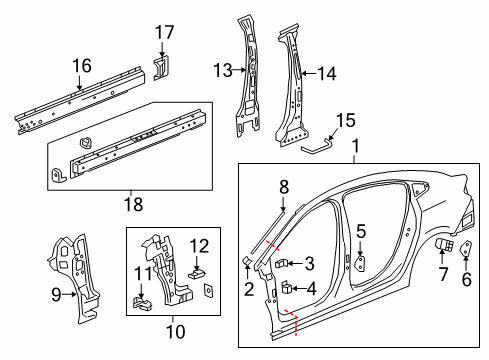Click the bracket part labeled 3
click(283, 263)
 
